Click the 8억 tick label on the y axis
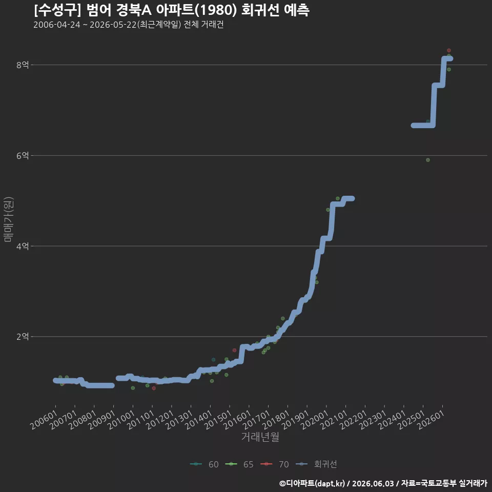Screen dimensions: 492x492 [23, 65]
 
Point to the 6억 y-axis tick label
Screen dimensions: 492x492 [23, 155]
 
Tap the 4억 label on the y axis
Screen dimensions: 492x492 [23, 246]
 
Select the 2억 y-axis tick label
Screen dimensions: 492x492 [23, 337]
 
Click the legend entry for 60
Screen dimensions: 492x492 [204, 464]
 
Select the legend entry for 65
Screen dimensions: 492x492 [239, 464]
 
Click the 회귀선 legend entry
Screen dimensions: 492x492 [316, 464]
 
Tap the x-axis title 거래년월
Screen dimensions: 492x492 [260, 437]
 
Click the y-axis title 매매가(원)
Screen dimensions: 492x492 [8, 220]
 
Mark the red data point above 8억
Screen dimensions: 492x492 [449, 51]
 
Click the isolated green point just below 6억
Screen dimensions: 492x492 [427, 160]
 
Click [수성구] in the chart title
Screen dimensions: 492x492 [57, 10]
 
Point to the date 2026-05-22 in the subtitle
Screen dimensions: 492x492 [113, 25]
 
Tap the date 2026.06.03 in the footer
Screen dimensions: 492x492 [373, 483]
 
